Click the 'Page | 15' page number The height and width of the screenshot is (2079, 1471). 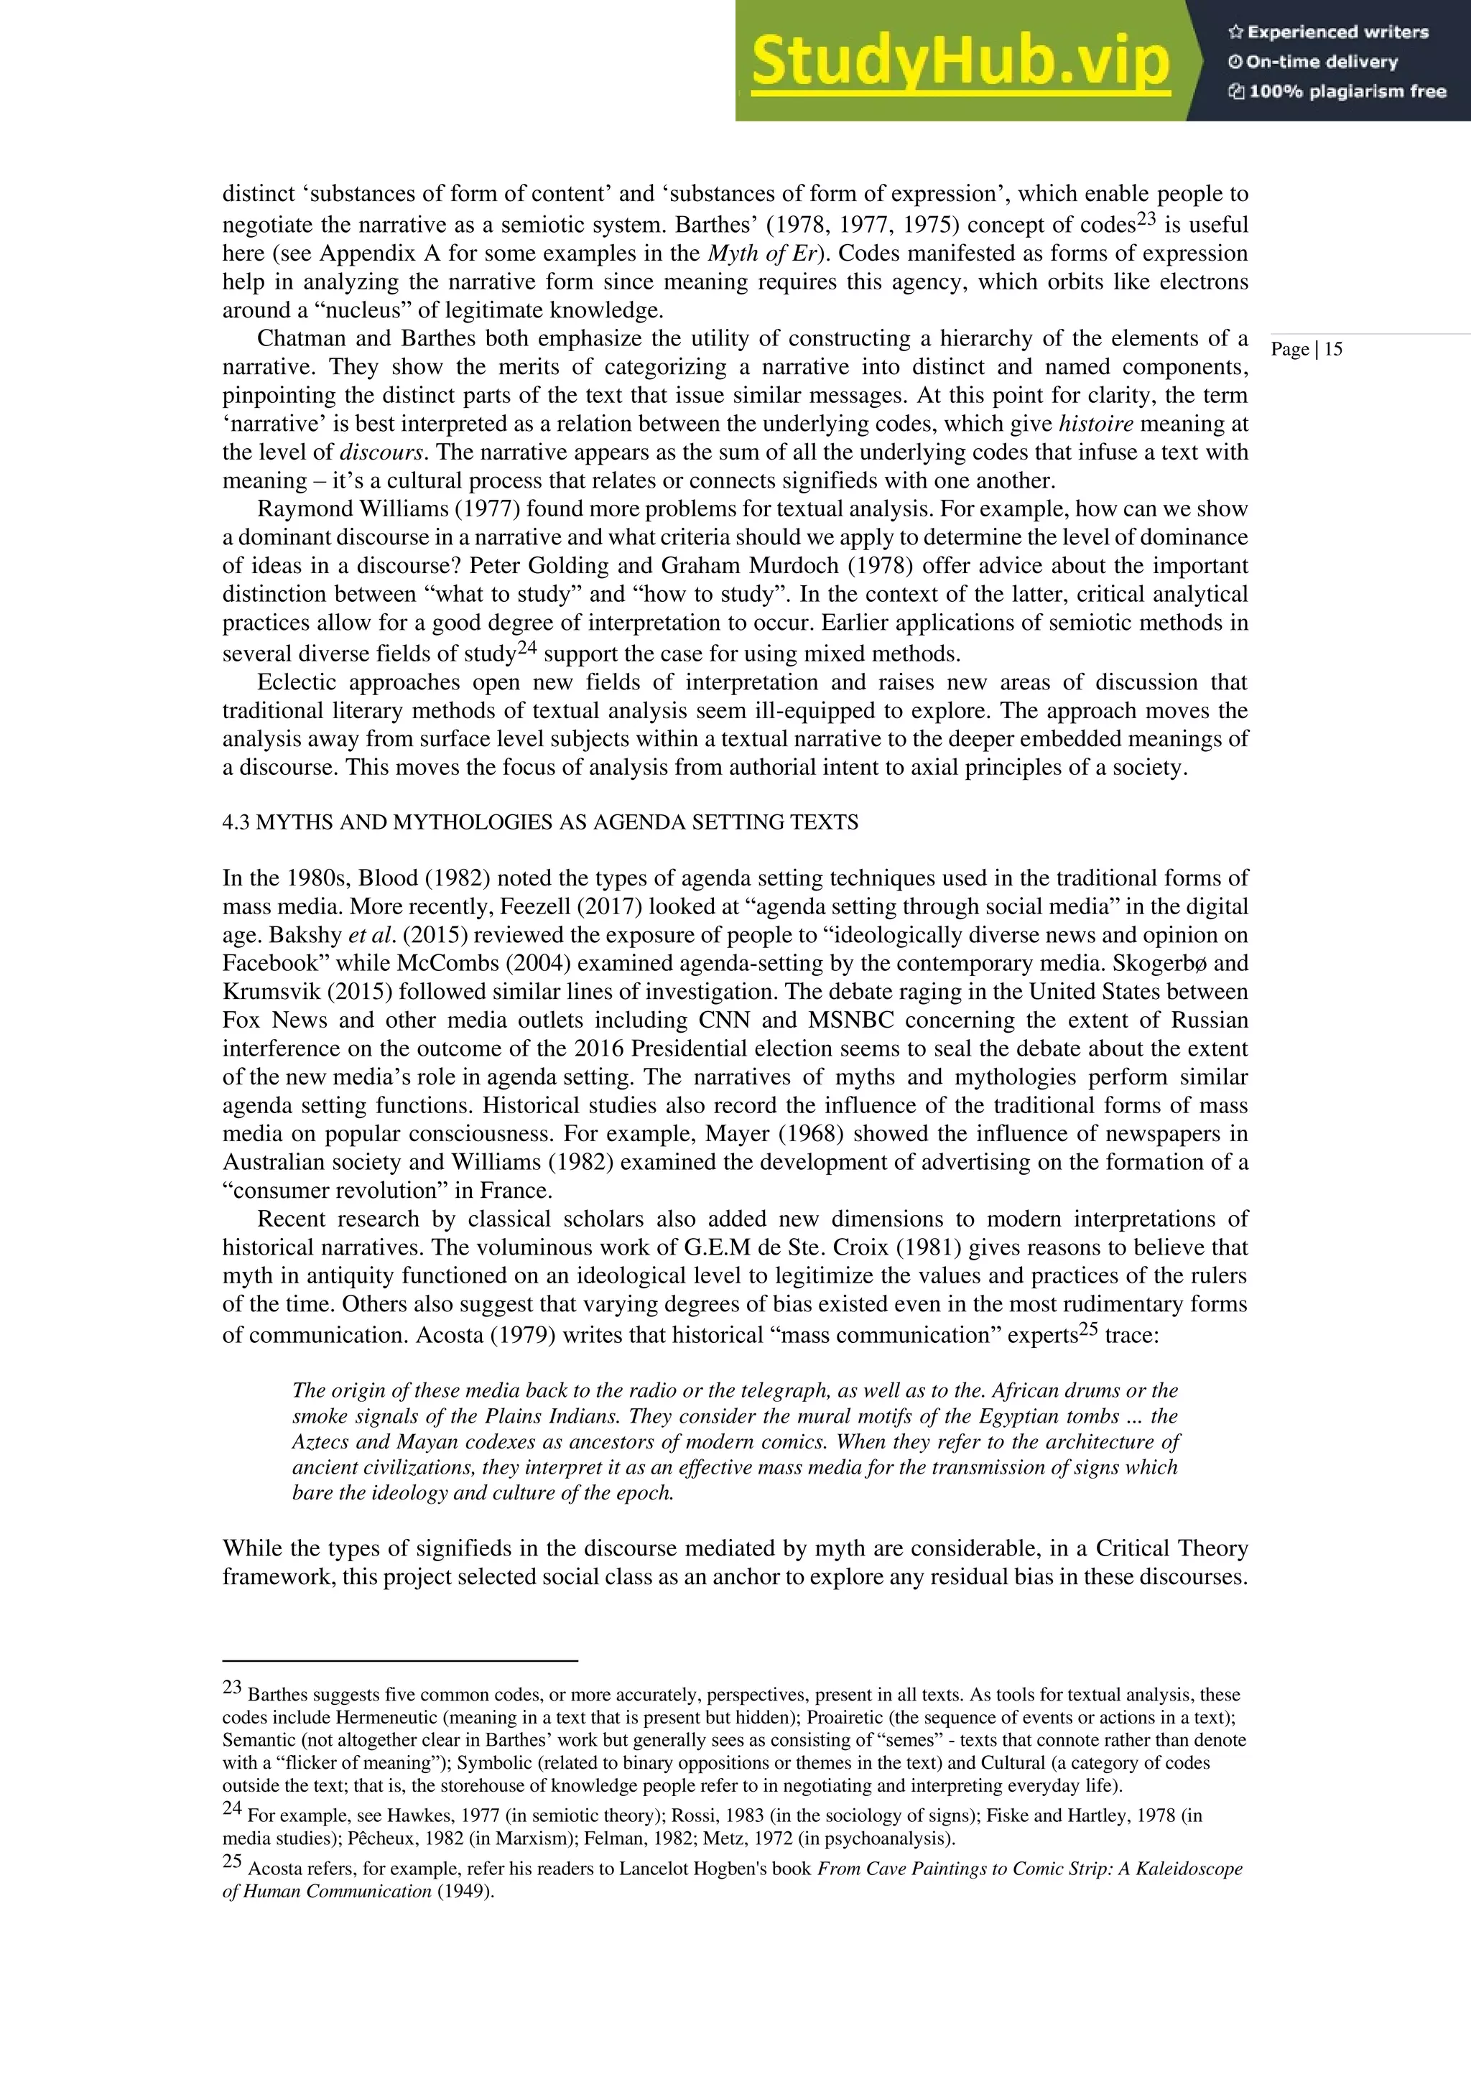1306,350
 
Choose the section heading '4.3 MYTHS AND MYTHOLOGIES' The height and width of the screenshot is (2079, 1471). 540,822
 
